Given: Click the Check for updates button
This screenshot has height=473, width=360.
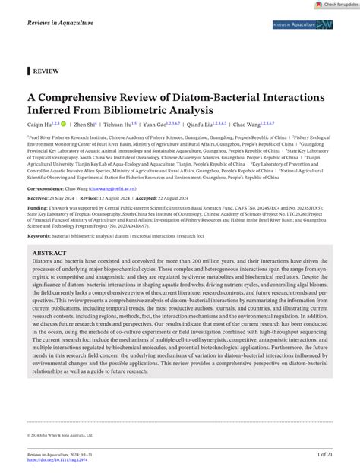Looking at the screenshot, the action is [x=331, y=5].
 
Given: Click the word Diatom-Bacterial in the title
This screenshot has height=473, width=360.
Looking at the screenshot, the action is [x=190, y=98].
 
